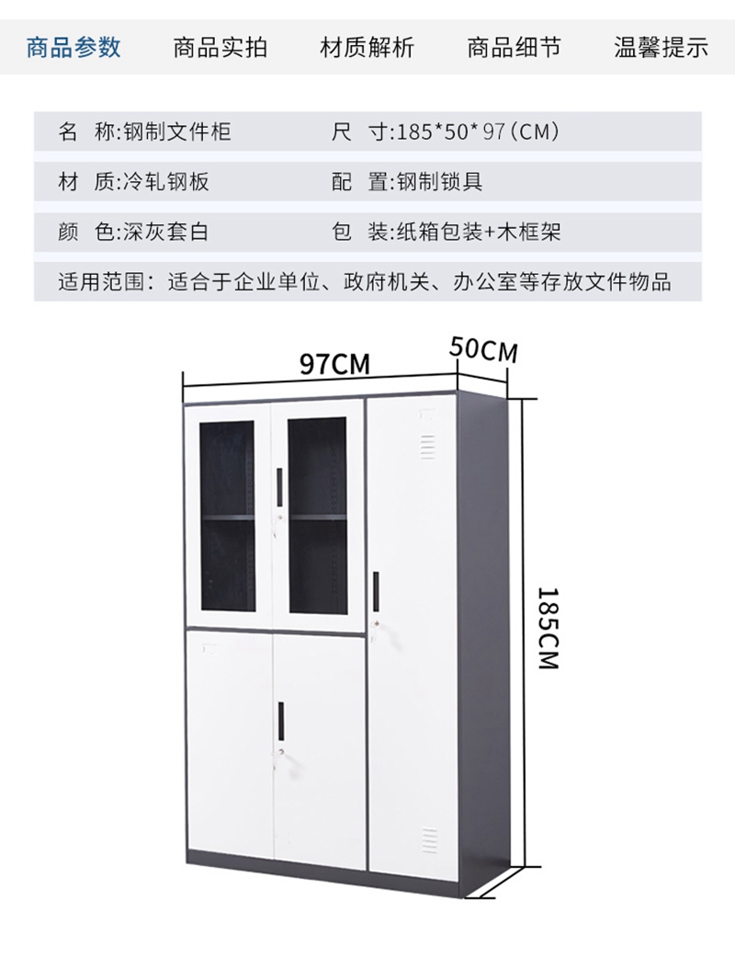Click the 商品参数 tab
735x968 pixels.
point(73,48)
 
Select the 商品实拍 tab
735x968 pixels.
point(220,48)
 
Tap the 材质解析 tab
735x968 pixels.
point(367,48)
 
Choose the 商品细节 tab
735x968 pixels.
point(514,48)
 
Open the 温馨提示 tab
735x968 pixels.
point(661,48)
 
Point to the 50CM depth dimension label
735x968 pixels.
point(483,350)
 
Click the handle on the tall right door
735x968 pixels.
point(376,590)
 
